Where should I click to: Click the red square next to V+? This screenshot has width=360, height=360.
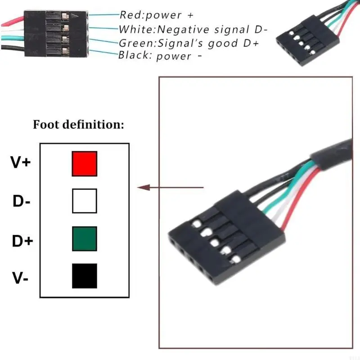tap(84, 164)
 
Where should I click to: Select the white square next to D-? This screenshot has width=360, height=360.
tap(84, 201)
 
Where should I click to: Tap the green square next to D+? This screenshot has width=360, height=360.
tap(84, 238)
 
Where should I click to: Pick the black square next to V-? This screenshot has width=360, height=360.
tap(84, 276)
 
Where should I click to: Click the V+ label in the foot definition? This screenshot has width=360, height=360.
tap(21, 162)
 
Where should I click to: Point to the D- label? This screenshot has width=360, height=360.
tap(21, 202)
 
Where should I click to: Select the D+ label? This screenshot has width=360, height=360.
tap(22, 241)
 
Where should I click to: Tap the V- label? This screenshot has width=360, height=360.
tap(21, 279)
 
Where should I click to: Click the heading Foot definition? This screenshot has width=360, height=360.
tap(78, 125)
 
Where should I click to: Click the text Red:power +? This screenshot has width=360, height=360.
tap(156, 15)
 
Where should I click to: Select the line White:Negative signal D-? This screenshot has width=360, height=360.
tap(193, 30)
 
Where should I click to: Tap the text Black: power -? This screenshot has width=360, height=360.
tap(159, 56)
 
